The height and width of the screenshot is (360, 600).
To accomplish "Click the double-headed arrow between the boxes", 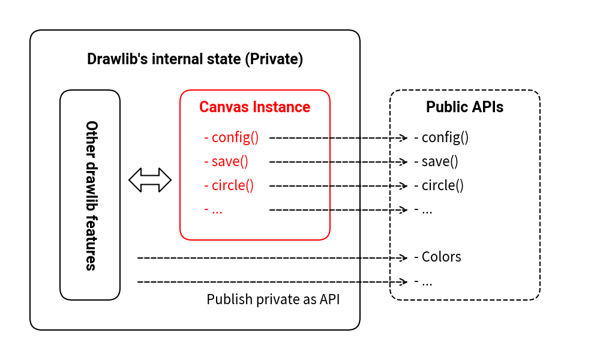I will pyautogui.click(x=150, y=180).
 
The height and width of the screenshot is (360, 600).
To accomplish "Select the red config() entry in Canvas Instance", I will pyautogui.click(x=232, y=137).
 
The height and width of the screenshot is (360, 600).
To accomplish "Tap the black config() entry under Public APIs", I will pyautogui.click(x=442, y=137).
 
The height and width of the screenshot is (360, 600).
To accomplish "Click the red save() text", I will pyautogui.click(x=226, y=161).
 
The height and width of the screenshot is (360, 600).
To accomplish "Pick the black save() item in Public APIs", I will pyautogui.click(x=436, y=161).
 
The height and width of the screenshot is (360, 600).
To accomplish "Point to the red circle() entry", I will pyautogui.click(x=229, y=185).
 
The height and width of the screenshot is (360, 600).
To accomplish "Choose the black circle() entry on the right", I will pyautogui.click(x=439, y=185).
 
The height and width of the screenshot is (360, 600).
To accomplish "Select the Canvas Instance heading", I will pyautogui.click(x=255, y=107).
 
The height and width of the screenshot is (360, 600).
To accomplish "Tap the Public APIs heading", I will pyautogui.click(x=464, y=107).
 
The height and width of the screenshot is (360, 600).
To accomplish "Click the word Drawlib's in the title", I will pyautogui.click(x=117, y=59).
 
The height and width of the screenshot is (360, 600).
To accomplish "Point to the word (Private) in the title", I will pyautogui.click(x=275, y=59).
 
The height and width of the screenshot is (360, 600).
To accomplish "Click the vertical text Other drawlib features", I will pyautogui.click(x=91, y=196).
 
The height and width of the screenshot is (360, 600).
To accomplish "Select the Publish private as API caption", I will pyautogui.click(x=273, y=299).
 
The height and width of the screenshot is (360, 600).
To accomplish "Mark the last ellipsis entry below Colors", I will pyautogui.click(x=424, y=281).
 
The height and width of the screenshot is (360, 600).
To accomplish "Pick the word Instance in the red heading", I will pyautogui.click(x=283, y=107).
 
